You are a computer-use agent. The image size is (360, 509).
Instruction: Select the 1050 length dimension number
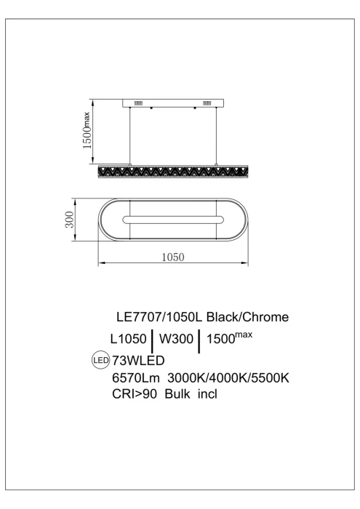[x=172, y=257]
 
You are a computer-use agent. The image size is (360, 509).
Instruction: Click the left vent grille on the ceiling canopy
[x=139, y=103]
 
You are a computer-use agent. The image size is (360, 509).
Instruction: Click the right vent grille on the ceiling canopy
[x=207, y=103]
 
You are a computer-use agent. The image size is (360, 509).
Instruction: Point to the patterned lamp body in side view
[x=172, y=172]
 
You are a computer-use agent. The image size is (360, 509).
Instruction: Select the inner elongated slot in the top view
[x=172, y=219]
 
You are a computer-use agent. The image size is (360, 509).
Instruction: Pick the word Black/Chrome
[x=249, y=317]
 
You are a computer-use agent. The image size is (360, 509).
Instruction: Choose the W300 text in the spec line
[x=177, y=339]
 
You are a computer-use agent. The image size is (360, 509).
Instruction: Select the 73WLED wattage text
[x=135, y=360]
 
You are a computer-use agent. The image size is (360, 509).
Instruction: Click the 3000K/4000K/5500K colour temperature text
[x=229, y=378]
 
